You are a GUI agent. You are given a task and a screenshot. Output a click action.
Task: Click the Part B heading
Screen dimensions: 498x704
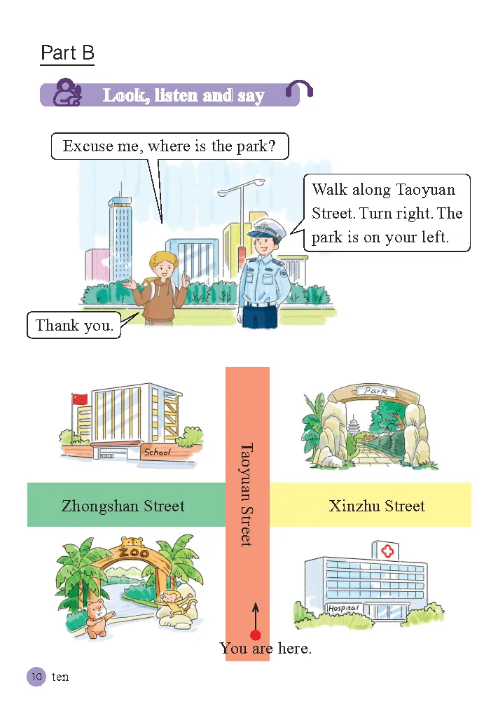(x=67, y=53)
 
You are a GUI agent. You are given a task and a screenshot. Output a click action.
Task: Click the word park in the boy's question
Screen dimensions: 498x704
(x=251, y=146)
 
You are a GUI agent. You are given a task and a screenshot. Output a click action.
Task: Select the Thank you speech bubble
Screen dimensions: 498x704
(x=74, y=325)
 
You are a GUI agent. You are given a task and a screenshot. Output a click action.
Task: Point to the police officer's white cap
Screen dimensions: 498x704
(x=264, y=228)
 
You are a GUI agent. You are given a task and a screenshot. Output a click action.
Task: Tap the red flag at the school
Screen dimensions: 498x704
(x=80, y=399)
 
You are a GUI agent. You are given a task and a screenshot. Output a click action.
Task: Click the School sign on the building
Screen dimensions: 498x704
(x=157, y=453)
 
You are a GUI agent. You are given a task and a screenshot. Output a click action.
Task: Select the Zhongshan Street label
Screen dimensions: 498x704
(x=123, y=506)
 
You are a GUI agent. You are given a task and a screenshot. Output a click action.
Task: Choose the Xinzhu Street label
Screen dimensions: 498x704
(x=377, y=506)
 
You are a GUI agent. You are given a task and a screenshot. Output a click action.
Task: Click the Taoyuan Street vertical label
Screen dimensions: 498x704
(x=246, y=494)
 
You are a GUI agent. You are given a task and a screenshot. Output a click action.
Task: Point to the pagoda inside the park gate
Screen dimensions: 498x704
(x=354, y=427)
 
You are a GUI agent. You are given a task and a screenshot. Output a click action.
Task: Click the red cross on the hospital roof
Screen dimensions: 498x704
(x=387, y=551)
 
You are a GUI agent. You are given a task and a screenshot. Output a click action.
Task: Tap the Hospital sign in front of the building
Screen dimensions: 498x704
(x=344, y=607)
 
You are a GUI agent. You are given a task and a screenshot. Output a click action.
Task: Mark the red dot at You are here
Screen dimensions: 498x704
(x=256, y=635)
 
